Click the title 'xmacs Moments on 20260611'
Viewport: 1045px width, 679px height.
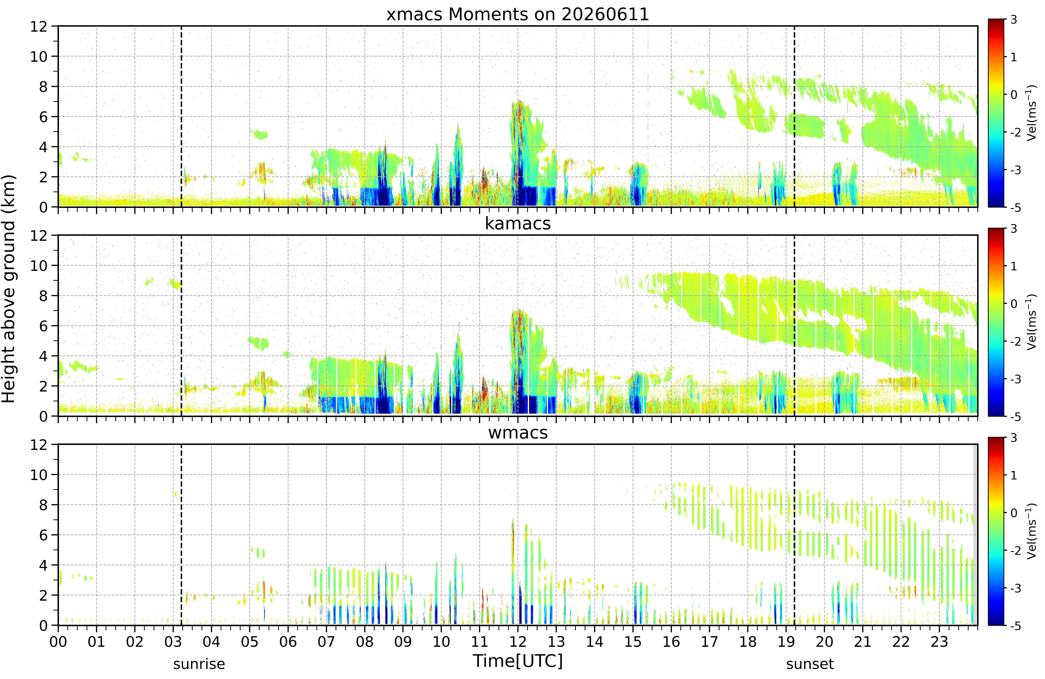click(x=518, y=15)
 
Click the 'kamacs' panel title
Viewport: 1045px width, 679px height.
click(x=518, y=224)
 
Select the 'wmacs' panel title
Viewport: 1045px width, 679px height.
click(x=518, y=433)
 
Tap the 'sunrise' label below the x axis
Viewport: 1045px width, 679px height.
click(x=199, y=664)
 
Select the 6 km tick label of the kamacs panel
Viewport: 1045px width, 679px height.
click(x=43, y=326)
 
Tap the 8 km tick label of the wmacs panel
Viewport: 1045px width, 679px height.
click(x=43, y=505)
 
